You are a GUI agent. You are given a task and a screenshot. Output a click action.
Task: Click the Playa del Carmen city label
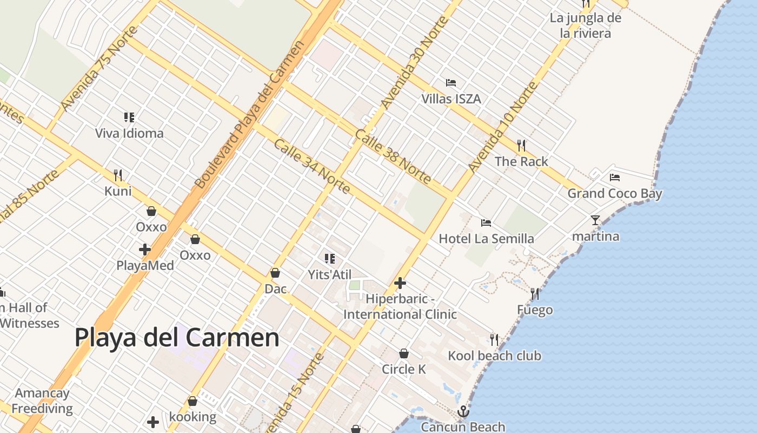pyautogui.click(x=177, y=338)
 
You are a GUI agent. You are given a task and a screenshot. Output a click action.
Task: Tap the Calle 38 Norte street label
pyautogui.click(x=393, y=157)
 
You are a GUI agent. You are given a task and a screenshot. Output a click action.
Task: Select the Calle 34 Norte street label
pyautogui.click(x=312, y=167)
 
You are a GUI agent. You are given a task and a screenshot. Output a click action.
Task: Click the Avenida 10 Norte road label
pyautogui.click(x=503, y=127)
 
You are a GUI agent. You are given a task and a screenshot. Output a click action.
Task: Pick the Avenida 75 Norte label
pyautogui.click(x=92, y=76)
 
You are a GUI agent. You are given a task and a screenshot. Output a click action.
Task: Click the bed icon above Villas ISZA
pyautogui.click(x=451, y=83)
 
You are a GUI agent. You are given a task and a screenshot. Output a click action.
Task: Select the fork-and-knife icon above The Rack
pyautogui.click(x=521, y=145)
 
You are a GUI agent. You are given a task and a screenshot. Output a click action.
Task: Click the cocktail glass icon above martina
pyautogui.click(x=595, y=220)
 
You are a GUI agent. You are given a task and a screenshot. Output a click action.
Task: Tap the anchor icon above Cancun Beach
pyautogui.click(x=463, y=411)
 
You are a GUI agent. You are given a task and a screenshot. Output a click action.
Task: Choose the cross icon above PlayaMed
pyautogui.click(x=145, y=250)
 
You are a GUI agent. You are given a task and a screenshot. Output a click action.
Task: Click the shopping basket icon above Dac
pyautogui.click(x=275, y=273)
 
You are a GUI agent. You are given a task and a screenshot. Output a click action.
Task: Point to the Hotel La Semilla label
pyautogui.click(x=486, y=239)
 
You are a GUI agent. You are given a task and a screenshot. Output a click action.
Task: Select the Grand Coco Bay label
pyautogui.click(x=614, y=193)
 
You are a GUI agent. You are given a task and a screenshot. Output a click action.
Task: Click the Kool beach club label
pyautogui.click(x=494, y=356)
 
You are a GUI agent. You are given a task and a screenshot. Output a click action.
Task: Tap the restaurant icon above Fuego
pyautogui.click(x=535, y=294)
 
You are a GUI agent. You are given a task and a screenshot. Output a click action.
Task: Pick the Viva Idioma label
pyautogui.click(x=129, y=133)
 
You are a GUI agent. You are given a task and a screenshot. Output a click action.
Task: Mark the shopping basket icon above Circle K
pyautogui.click(x=403, y=353)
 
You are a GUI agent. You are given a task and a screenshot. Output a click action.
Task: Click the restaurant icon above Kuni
pyautogui.click(x=118, y=175)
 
